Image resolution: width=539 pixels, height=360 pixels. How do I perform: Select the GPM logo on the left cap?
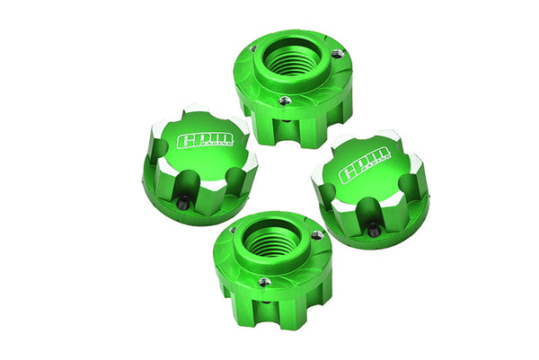click(x=203, y=140)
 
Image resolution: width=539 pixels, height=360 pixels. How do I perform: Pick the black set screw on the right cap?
click(x=373, y=232)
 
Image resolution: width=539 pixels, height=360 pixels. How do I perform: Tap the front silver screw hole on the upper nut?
click(x=285, y=101)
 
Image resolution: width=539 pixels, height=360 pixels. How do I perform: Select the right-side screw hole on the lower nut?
click(x=315, y=235)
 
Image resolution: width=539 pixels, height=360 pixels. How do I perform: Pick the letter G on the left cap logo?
click(x=186, y=141)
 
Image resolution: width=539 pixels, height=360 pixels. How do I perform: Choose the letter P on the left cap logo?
click(x=201, y=139)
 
